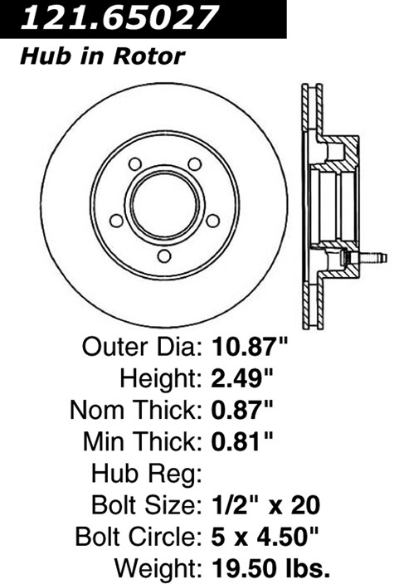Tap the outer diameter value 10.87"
(251, 347)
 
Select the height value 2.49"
(242, 378)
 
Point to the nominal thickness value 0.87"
(242, 410)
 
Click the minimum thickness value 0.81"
(242, 441)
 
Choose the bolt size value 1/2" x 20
(266, 505)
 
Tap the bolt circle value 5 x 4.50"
(265, 537)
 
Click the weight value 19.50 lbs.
(271, 568)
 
